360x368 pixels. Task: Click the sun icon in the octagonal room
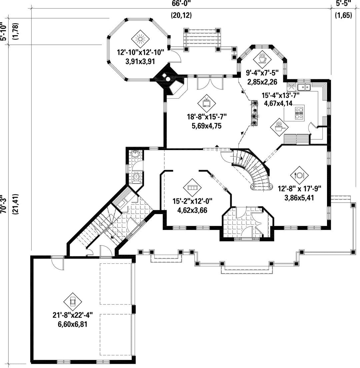click(x=140, y=39)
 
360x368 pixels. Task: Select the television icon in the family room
click(x=207, y=103)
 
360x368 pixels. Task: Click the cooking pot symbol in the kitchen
click(x=279, y=127)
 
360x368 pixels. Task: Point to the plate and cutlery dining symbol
click(x=299, y=175)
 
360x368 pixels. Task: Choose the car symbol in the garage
click(x=73, y=302)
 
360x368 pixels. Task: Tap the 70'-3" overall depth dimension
click(x=3, y=204)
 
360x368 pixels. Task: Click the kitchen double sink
click(x=304, y=87)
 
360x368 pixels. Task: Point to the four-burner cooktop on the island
click(x=299, y=113)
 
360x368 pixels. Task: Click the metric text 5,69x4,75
click(x=207, y=126)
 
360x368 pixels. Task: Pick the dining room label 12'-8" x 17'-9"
click(x=299, y=189)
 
